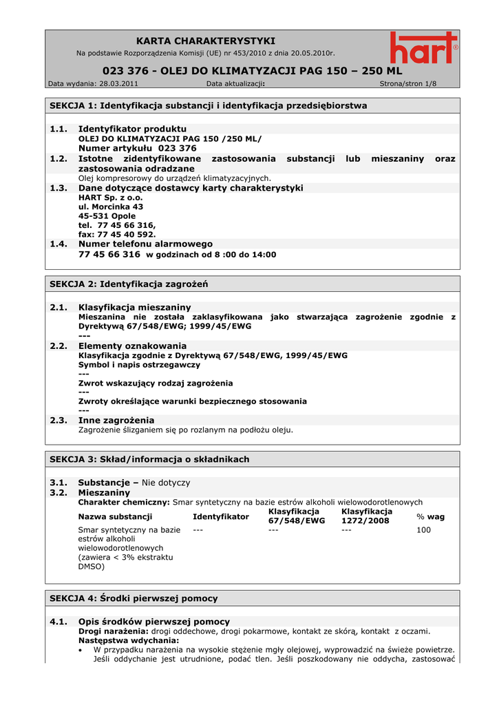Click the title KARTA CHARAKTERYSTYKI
click(x=206, y=41)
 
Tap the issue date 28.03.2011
click(x=119, y=84)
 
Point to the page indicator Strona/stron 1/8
click(x=408, y=84)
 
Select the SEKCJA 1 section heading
click(x=209, y=105)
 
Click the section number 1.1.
click(x=59, y=129)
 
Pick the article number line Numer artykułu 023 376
click(x=137, y=148)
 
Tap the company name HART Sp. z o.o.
click(x=111, y=197)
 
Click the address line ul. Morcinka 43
click(x=111, y=207)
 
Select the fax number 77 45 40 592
click(x=127, y=234)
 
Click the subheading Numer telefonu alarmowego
click(x=145, y=244)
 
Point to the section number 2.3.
click(x=59, y=420)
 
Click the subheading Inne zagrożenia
click(x=116, y=420)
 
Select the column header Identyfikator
click(x=221, y=516)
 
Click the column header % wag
click(x=430, y=516)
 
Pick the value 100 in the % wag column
click(x=423, y=530)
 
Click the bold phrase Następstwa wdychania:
click(x=119, y=640)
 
